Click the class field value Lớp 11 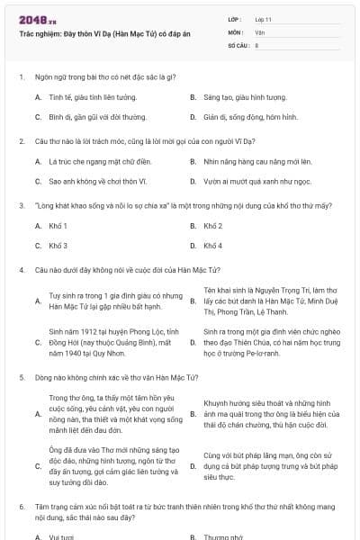(264, 19)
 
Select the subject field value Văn (259, 31)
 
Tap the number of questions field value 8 (257, 44)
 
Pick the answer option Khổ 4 (213, 246)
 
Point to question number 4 (21, 270)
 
